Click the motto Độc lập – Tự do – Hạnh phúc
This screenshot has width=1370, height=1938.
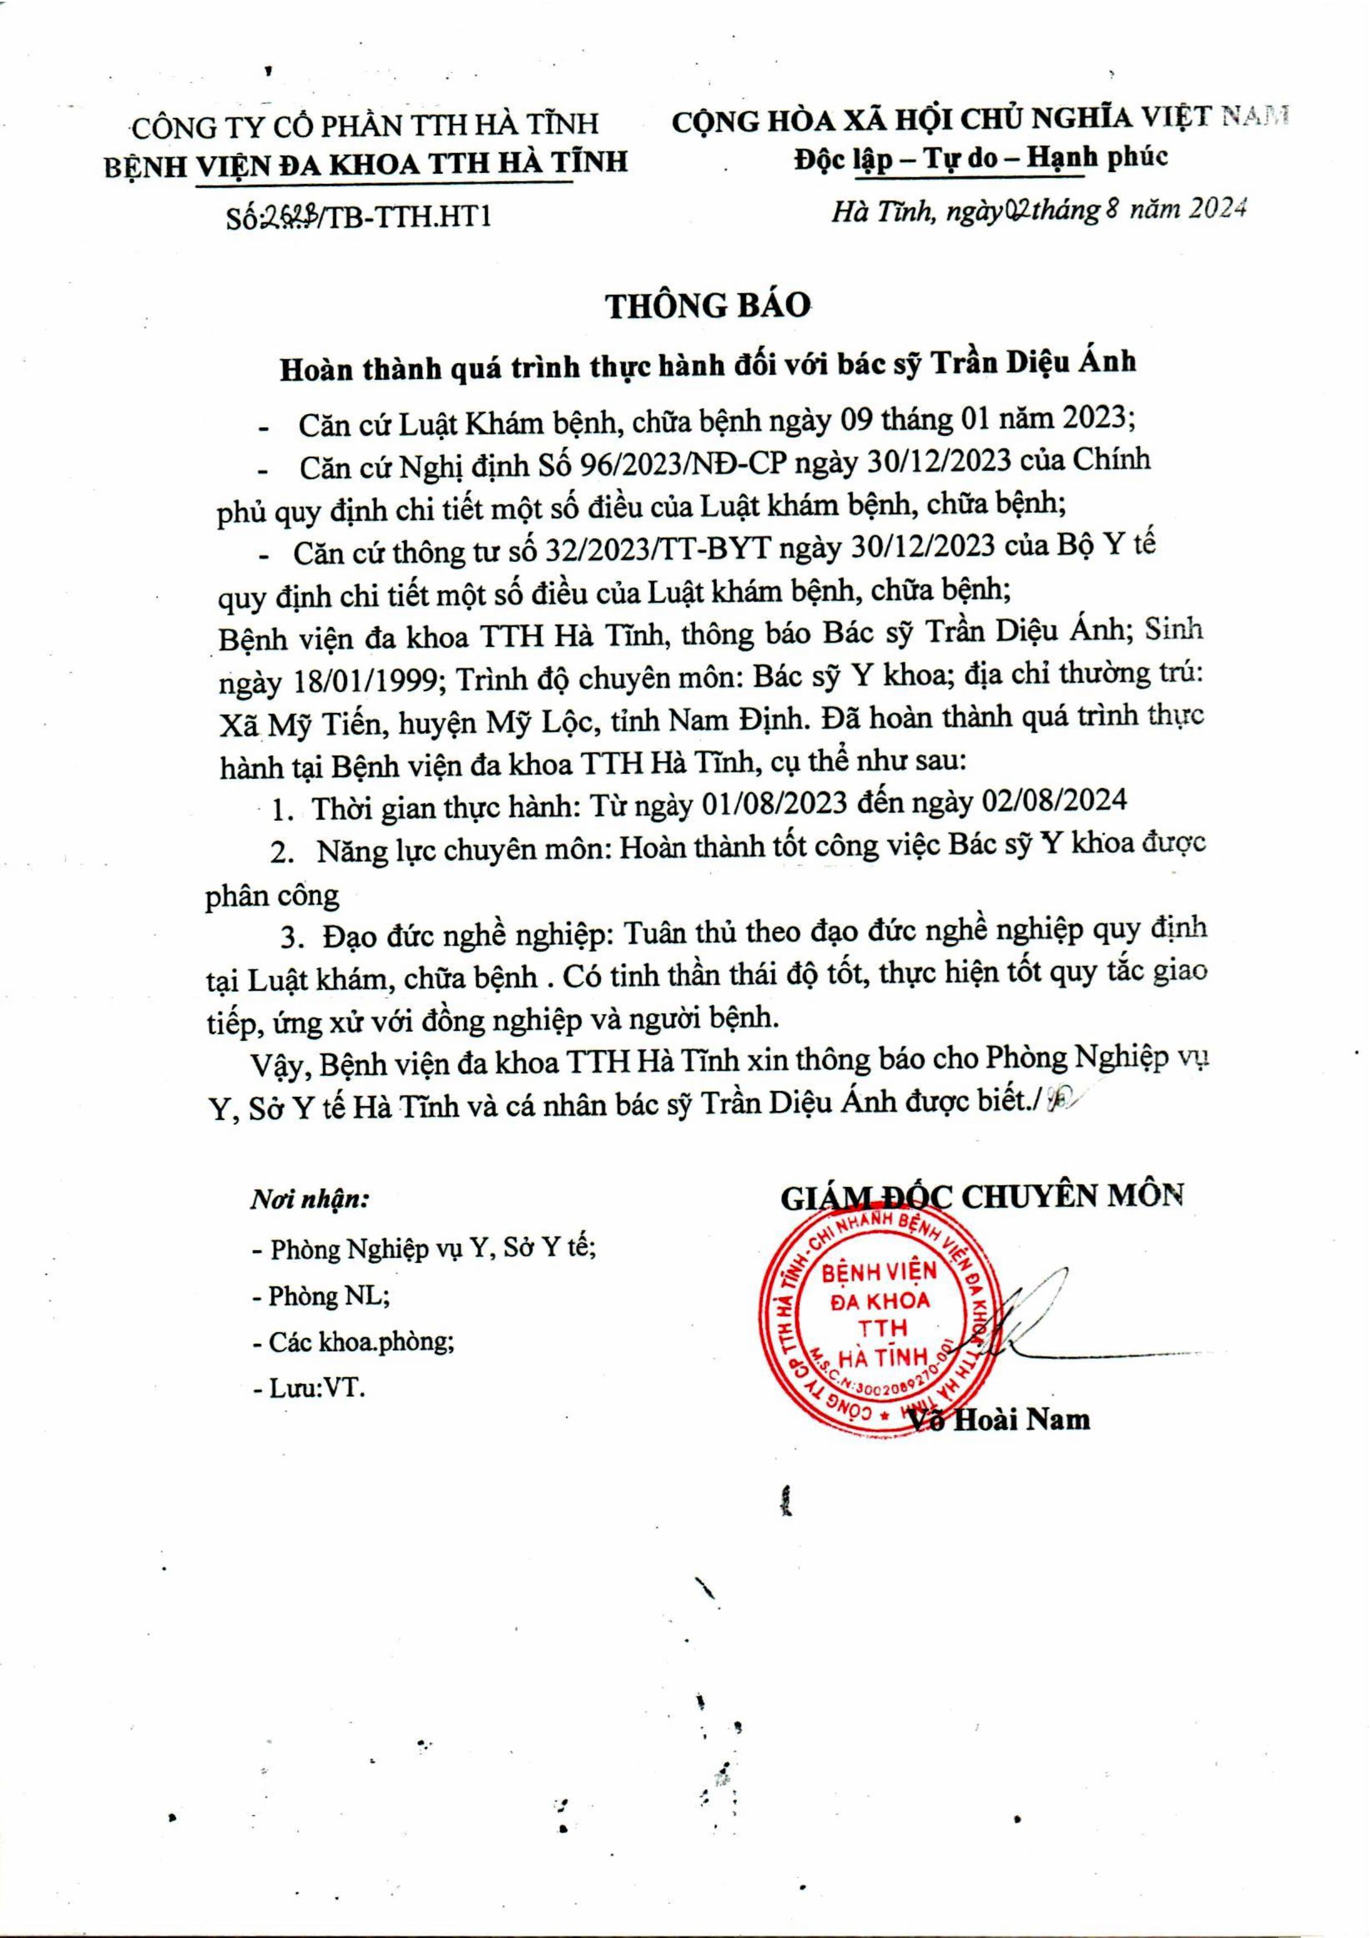[981, 158]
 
